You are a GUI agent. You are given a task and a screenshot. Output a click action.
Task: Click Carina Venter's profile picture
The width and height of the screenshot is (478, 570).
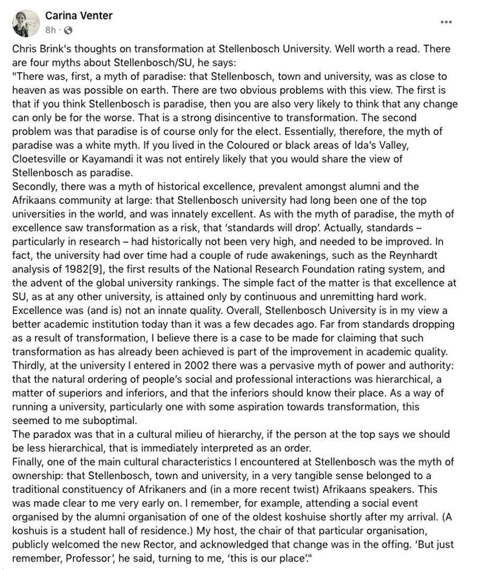[25, 23]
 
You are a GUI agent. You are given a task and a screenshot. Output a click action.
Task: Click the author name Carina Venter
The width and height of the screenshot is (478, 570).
[79, 16]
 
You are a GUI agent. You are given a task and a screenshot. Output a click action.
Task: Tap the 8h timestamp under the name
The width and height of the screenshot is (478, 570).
[50, 30]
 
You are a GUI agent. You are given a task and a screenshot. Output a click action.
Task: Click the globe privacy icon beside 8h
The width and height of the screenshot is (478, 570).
[68, 30]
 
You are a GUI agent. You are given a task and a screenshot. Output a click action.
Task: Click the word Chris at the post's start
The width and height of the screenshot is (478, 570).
[23, 48]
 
